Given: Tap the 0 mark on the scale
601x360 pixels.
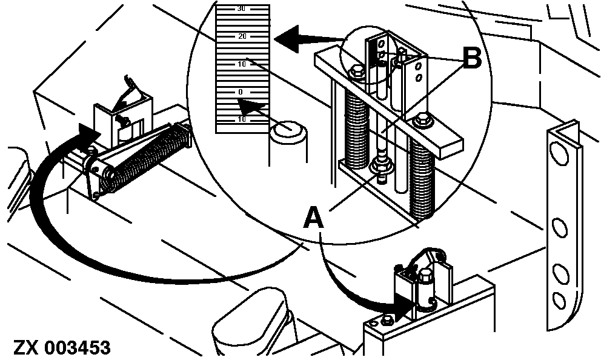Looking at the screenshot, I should coord(241,92).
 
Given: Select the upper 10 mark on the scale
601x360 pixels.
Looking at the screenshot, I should coord(242,64).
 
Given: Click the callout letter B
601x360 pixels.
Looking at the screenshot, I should coord(472,59).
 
